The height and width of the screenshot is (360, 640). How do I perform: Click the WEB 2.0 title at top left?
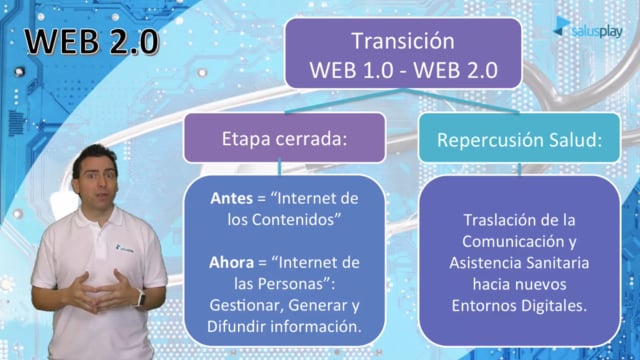click(91, 41)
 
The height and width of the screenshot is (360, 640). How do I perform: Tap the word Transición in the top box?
click(403, 41)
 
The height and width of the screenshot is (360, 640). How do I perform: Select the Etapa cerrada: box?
click(284, 138)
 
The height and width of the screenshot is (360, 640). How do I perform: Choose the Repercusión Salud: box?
click(519, 138)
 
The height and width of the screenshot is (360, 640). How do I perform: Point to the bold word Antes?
click(231, 198)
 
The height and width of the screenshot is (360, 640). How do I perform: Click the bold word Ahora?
click(231, 262)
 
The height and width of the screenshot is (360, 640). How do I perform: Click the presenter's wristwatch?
click(140, 298)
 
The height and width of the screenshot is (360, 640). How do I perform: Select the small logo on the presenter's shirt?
click(124, 248)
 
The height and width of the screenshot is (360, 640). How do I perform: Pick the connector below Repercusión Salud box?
click(519, 169)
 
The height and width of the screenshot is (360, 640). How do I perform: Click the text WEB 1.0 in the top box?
click(351, 70)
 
